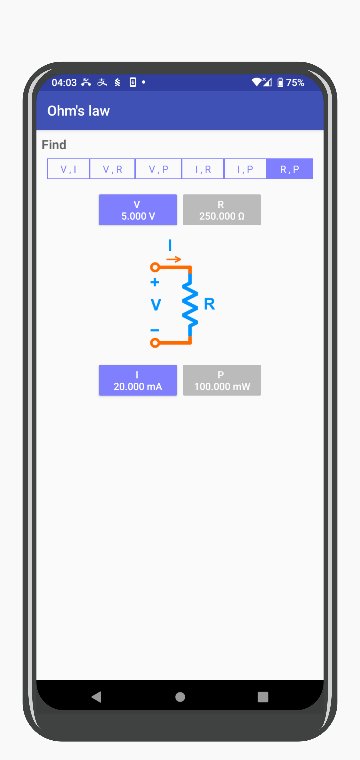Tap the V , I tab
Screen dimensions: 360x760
[69, 169]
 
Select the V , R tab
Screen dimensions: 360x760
[112, 169]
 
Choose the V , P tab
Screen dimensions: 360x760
[158, 169]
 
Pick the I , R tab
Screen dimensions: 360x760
[203, 169]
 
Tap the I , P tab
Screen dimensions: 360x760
[245, 169]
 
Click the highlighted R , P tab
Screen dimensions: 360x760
[289, 169]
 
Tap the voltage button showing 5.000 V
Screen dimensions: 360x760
[138, 210]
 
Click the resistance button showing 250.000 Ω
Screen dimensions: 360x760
[222, 210]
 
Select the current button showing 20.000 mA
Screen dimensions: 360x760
[138, 380]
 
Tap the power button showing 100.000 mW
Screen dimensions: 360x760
[222, 380]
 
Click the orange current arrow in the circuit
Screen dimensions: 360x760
[174, 259]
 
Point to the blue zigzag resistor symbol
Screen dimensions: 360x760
[190, 304]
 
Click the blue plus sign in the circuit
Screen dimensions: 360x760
[155, 282]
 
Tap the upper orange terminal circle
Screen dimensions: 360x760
[155, 267]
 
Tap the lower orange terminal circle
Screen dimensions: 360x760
[155, 343]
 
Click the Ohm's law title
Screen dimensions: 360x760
[79, 111]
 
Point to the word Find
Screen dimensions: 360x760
[54, 145]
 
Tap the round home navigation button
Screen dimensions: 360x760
[180, 697]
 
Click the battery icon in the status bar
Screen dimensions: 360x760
[280, 82]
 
